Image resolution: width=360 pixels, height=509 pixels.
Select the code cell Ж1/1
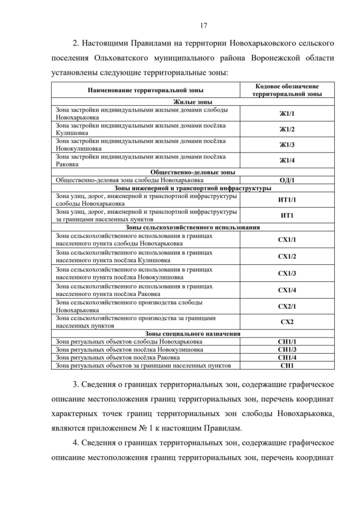(287, 114)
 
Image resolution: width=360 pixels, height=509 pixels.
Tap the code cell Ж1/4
(287, 160)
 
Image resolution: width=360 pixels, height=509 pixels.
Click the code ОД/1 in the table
(287, 180)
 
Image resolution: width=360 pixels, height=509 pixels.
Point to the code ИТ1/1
(287, 200)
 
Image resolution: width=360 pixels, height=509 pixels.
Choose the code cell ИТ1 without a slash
(287, 215)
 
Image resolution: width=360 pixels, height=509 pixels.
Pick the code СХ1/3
(287, 273)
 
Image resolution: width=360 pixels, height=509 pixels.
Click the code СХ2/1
(287, 306)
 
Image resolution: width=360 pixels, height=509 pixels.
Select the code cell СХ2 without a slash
(287, 322)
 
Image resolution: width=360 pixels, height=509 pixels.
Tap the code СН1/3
(287, 349)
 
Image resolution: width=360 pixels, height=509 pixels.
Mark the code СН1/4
(287, 357)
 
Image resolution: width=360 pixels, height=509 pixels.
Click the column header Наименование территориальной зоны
(146, 90)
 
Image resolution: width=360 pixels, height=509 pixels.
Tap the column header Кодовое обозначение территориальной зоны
(287, 90)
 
